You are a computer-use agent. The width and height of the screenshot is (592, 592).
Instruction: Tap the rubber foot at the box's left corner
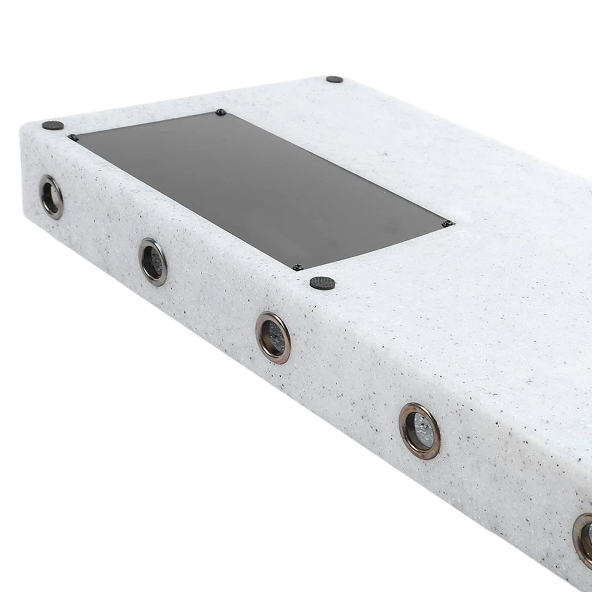[x=52, y=125]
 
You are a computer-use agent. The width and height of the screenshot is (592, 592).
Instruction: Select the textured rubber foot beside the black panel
[x=323, y=283]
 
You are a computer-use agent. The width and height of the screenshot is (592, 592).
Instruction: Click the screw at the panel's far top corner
[x=221, y=112]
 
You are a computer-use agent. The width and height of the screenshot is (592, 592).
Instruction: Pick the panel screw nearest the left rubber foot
[x=73, y=137]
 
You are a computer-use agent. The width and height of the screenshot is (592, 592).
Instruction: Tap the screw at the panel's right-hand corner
[x=447, y=224]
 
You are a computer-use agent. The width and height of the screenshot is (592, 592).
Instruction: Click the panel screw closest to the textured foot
[x=297, y=267]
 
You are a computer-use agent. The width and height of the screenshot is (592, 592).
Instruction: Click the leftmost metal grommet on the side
[x=51, y=197]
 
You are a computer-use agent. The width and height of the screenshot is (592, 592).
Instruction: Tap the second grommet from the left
[x=153, y=262]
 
